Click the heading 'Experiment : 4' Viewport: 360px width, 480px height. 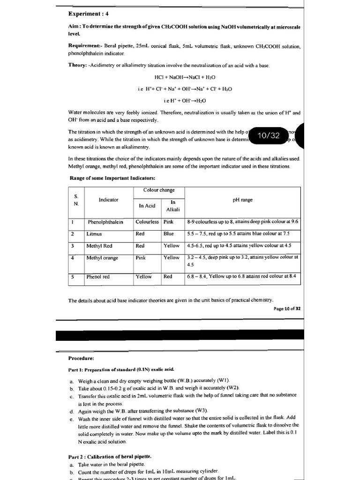pyautogui.click(x=89, y=14)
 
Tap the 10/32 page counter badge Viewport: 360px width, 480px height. pyautogui.click(x=269, y=135)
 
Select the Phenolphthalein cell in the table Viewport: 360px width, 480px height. pyautogui.click(x=105, y=222)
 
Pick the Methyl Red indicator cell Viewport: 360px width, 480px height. pyautogui.click(x=99, y=246)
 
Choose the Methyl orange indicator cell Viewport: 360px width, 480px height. pyautogui.click(x=102, y=258)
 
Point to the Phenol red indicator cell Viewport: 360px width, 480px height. pyautogui.click(x=98, y=277)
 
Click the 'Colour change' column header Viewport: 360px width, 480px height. pyautogui.click(x=159, y=190)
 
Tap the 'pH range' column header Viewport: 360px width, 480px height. pyautogui.click(x=242, y=200)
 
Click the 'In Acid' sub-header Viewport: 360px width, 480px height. pyautogui.click(x=147, y=206)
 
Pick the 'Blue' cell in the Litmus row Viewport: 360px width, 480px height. pyautogui.click(x=168, y=233)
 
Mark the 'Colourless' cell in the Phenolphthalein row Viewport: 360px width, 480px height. pyautogui.click(x=147, y=222)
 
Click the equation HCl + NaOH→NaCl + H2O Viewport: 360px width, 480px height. pyautogui.click(x=185, y=77)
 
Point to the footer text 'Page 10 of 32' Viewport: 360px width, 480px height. pyautogui.click(x=287, y=309)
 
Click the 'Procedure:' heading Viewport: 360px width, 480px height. pyautogui.click(x=81, y=358)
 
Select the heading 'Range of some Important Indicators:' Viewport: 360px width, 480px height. pyautogui.click(x=113, y=178)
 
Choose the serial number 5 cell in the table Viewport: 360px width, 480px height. pyautogui.click(x=73, y=277)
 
